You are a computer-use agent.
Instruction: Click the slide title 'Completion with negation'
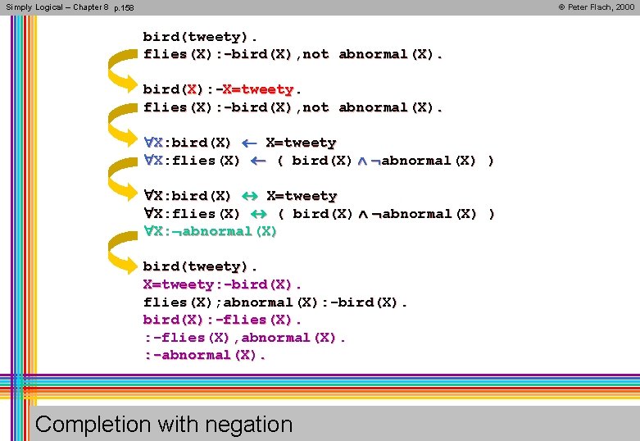(164, 424)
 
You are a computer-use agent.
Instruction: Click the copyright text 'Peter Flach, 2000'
(597, 7)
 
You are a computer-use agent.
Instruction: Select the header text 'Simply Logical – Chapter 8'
(57, 7)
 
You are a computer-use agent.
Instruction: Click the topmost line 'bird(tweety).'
(200, 37)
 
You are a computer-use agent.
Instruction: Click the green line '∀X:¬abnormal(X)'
(210, 231)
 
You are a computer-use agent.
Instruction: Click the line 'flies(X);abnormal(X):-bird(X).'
(275, 302)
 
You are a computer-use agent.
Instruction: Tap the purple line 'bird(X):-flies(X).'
(222, 320)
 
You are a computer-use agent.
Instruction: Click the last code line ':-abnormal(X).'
(205, 355)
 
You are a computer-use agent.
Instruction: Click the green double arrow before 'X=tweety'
(250, 197)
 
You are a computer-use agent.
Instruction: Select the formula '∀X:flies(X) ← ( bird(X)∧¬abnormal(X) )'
(319, 161)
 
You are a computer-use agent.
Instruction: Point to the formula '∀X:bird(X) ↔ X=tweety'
(240, 197)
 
